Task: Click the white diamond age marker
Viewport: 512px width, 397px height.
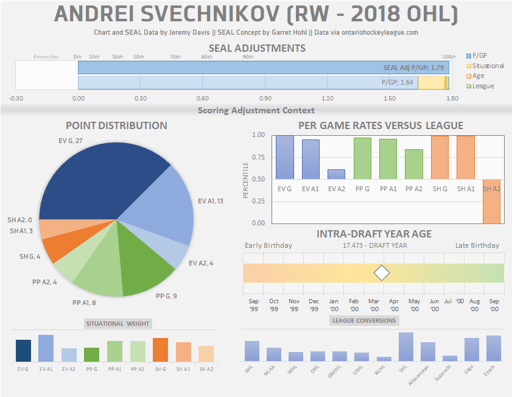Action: [x=382, y=273]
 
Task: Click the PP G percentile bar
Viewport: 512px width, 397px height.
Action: [x=362, y=158]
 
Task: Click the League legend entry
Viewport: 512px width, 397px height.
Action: [x=483, y=86]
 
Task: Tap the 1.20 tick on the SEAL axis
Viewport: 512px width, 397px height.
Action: [x=327, y=98]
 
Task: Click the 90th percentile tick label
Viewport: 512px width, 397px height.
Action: [x=248, y=57]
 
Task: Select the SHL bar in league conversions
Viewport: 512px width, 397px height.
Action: [x=406, y=346]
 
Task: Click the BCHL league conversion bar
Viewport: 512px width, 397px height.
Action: [x=384, y=359]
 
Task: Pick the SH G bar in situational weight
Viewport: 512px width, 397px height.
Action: [x=160, y=350]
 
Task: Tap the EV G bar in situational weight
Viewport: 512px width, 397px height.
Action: [x=23, y=351]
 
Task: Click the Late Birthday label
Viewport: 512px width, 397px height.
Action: [x=477, y=245]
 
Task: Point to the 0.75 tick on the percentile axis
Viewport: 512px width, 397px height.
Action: [x=259, y=157]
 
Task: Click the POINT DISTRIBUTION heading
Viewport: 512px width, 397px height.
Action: [x=116, y=125]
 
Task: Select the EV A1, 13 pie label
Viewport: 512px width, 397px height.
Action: [x=211, y=201]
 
